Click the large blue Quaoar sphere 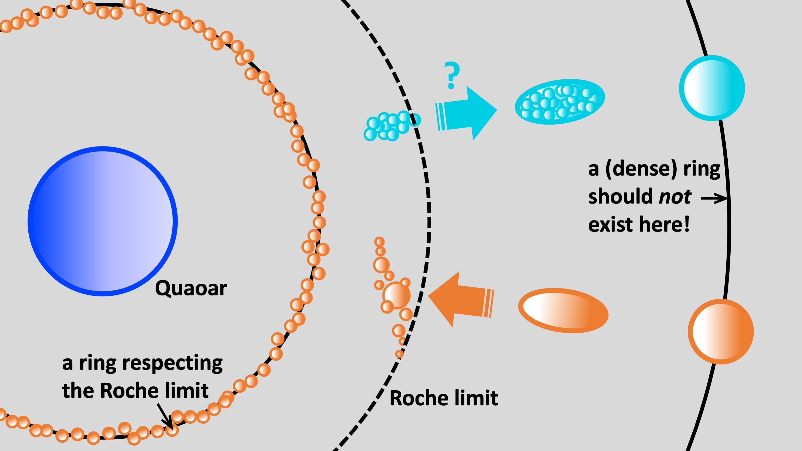click(x=102, y=221)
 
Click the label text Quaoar click(x=191, y=288)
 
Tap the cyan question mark click(x=452, y=75)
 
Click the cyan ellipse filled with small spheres click(x=560, y=102)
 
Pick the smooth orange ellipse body click(x=563, y=310)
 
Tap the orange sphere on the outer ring click(x=721, y=331)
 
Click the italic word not click(x=675, y=197)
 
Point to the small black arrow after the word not click(x=713, y=198)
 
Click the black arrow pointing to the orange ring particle click(x=165, y=416)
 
